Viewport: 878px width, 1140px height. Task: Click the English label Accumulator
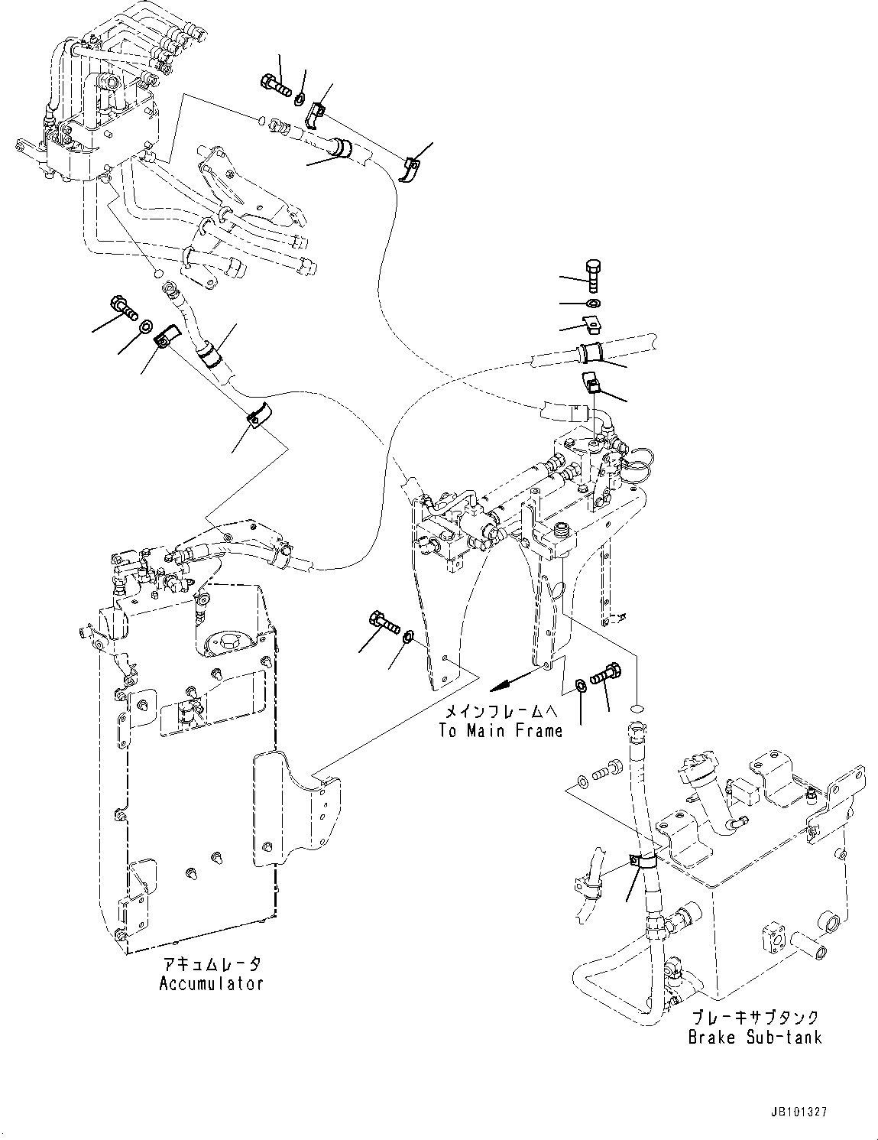pos(211,983)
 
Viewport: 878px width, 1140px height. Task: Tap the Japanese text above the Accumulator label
pos(211,965)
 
